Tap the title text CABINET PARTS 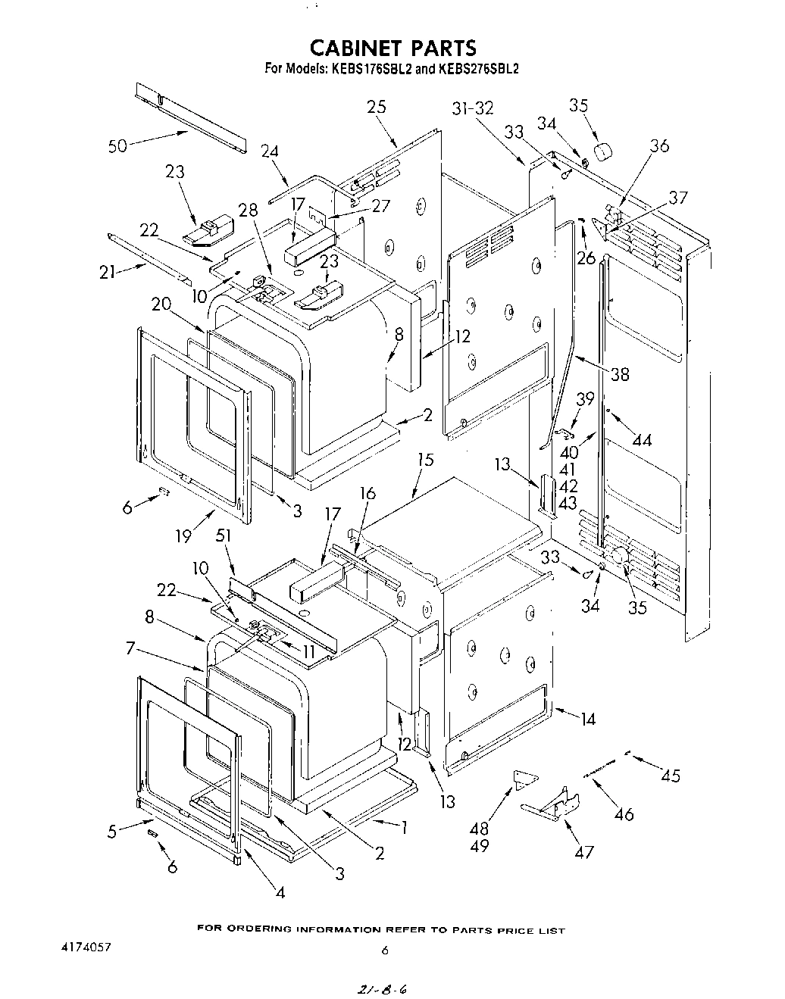click(x=392, y=48)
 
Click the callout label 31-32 click(x=473, y=108)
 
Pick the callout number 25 click(x=376, y=107)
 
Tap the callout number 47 click(x=583, y=851)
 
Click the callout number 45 click(x=670, y=776)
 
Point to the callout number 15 click(x=426, y=459)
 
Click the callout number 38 click(x=619, y=374)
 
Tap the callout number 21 click(x=108, y=272)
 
